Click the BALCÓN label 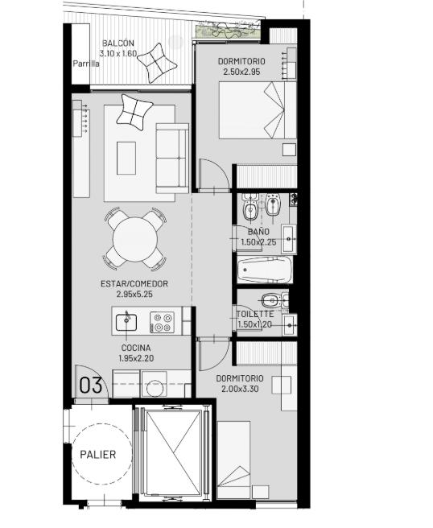(118, 43)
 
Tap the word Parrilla (86, 64)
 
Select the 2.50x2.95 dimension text (241, 72)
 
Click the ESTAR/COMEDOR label (134, 283)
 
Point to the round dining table (135, 239)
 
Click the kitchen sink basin (126, 322)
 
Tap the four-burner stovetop (162, 322)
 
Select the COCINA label (136, 348)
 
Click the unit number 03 (91, 386)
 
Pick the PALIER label (98, 455)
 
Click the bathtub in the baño (265, 270)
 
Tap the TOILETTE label (255, 314)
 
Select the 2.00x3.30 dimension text (240, 389)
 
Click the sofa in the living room (172, 159)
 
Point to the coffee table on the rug (126, 158)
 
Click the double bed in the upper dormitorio (258, 110)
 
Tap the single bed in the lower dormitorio (233, 460)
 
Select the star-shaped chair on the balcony (157, 63)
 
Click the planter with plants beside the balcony (228, 31)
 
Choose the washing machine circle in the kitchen (155, 388)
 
